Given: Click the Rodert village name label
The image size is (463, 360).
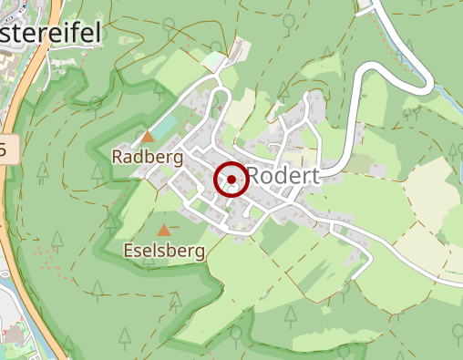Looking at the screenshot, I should (283, 177).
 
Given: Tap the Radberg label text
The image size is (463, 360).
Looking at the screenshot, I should (148, 157).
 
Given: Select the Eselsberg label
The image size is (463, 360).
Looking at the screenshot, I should (164, 250).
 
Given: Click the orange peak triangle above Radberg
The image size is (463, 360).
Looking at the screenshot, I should (148, 137).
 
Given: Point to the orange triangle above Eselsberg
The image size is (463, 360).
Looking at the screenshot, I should (164, 230).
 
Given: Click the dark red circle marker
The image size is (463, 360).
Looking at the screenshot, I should (231, 180).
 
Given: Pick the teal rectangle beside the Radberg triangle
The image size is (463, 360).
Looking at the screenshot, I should (161, 129).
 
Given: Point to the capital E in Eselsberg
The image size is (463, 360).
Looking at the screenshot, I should (129, 250).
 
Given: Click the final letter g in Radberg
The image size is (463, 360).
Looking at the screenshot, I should (179, 159).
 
